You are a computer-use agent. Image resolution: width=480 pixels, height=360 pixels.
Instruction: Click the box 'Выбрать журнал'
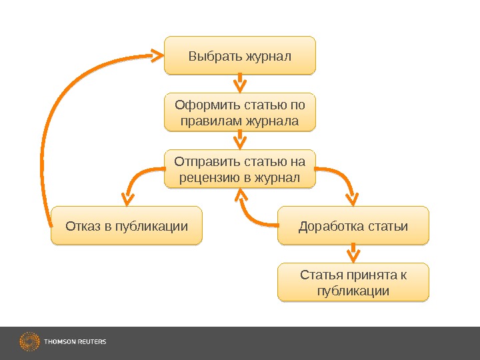pos(240,55)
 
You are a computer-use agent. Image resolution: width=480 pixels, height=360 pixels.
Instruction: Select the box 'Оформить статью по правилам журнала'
pos(240,113)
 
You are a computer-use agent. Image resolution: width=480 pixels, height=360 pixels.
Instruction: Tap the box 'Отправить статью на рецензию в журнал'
pos(240,169)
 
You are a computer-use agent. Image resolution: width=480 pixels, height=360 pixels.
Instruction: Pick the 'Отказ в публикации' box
pos(127,225)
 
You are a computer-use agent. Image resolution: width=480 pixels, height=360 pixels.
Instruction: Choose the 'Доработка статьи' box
pos(353,225)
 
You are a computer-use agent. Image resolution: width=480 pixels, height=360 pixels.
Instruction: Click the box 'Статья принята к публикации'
pos(353,283)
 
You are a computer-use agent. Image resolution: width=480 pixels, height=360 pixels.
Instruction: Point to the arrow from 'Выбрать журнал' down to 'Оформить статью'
pos(240,83)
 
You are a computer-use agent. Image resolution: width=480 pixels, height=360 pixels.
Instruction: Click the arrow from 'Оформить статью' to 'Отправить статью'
pos(240,140)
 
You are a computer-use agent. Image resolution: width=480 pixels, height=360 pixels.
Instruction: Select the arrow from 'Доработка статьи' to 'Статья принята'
pos(353,253)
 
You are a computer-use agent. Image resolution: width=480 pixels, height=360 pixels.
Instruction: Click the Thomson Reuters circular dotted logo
pos(29,342)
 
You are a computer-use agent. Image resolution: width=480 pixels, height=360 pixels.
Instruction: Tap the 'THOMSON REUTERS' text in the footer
pos(75,342)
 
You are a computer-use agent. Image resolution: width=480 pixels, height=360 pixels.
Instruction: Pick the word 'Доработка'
pos(327,225)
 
